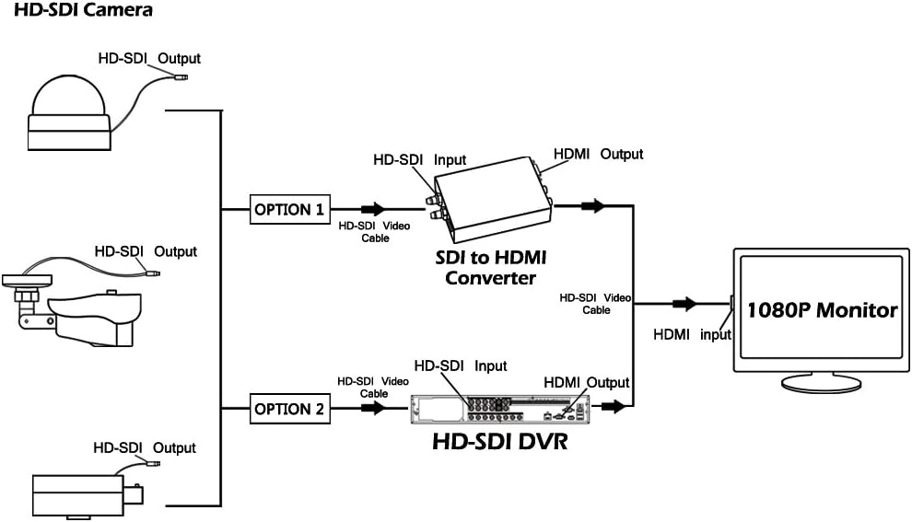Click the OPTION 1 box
(x=289, y=209)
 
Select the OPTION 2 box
(x=289, y=409)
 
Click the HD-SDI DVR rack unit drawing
(x=500, y=409)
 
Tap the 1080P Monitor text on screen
(x=822, y=310)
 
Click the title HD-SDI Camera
(x=83, y=10)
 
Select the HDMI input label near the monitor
(x=692, y=334)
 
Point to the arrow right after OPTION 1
(x=373, y=209)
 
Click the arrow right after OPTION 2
(x=373, y=408)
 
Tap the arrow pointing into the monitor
(x=684, y=304)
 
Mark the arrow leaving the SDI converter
(x=593, y=205)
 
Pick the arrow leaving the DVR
(x=613, y=407)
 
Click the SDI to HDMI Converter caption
(x=491, y=267)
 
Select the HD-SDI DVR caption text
(x=499, y=441)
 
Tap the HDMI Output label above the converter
(x=598, y=154)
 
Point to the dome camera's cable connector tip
(x=180, y=76)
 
